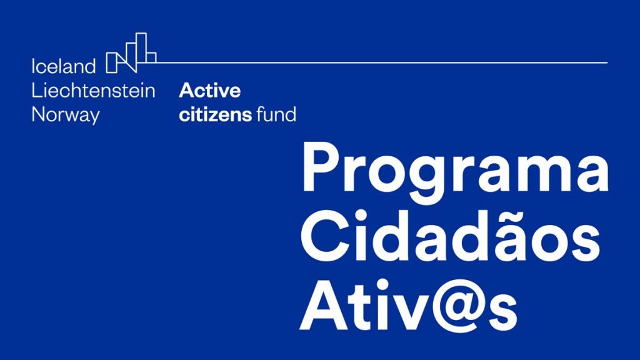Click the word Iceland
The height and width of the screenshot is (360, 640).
pos(64,66)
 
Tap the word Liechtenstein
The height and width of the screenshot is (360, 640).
pos(94,90)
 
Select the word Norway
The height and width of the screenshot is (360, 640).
pos(66,115)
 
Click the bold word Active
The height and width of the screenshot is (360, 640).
pos(210,90)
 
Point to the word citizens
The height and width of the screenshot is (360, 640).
pos(216,115)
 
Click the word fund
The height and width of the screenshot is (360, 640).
pos(276,114)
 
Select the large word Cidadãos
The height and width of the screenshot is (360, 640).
pos(450,236)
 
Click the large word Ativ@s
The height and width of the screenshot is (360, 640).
pos(409,305)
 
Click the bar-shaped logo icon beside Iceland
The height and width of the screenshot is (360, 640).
pos(131,52)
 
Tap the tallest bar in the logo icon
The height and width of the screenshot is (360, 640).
pos(141,47)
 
